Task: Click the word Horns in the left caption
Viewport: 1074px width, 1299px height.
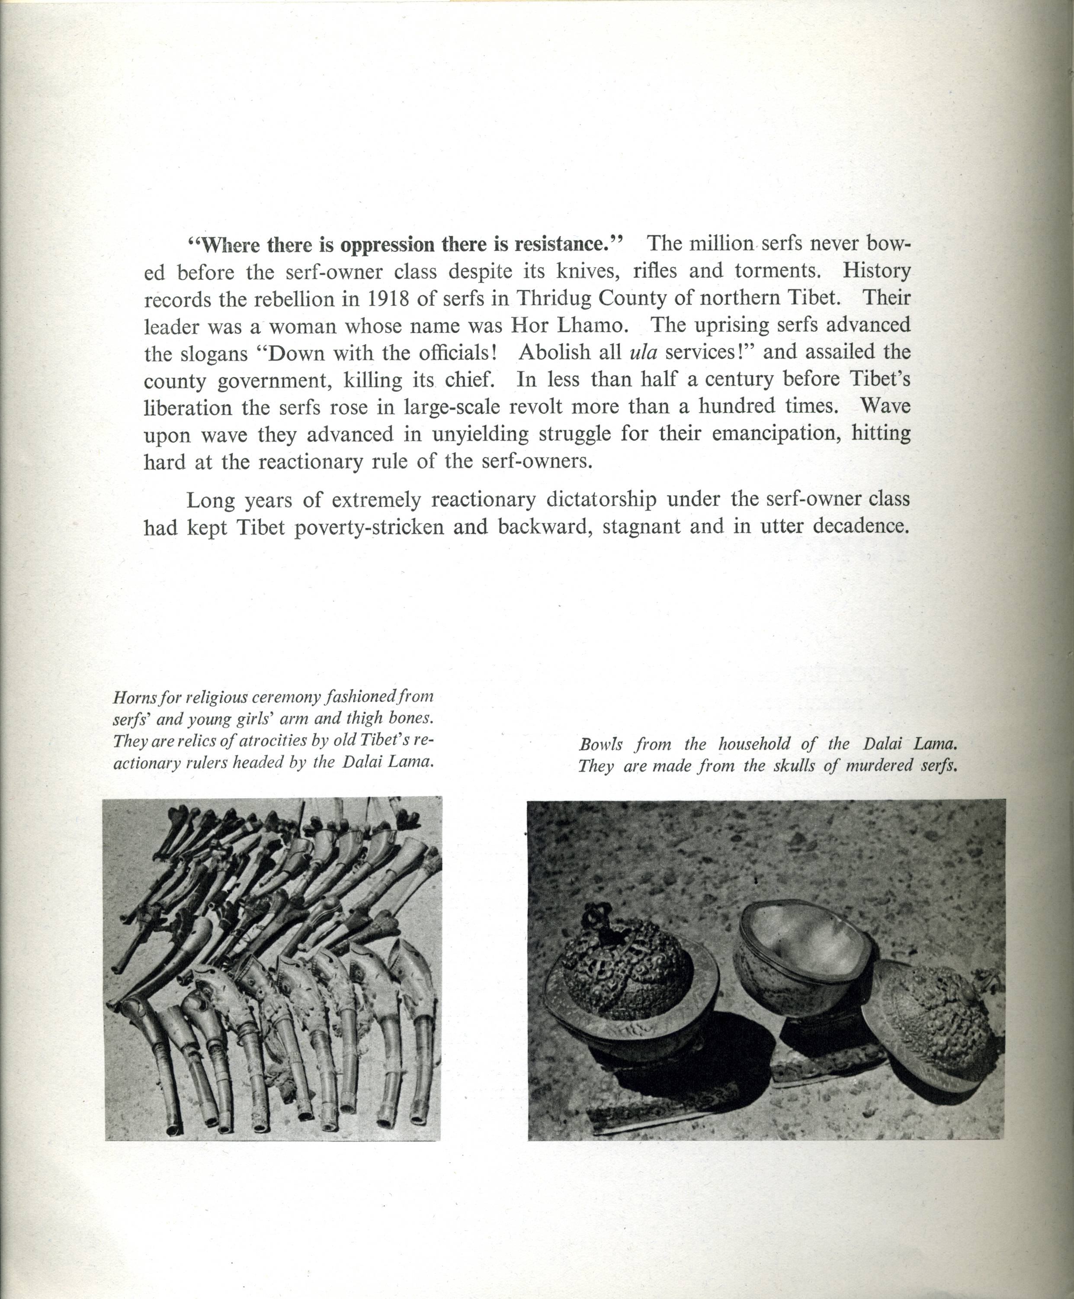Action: click(x=130, y=697)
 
